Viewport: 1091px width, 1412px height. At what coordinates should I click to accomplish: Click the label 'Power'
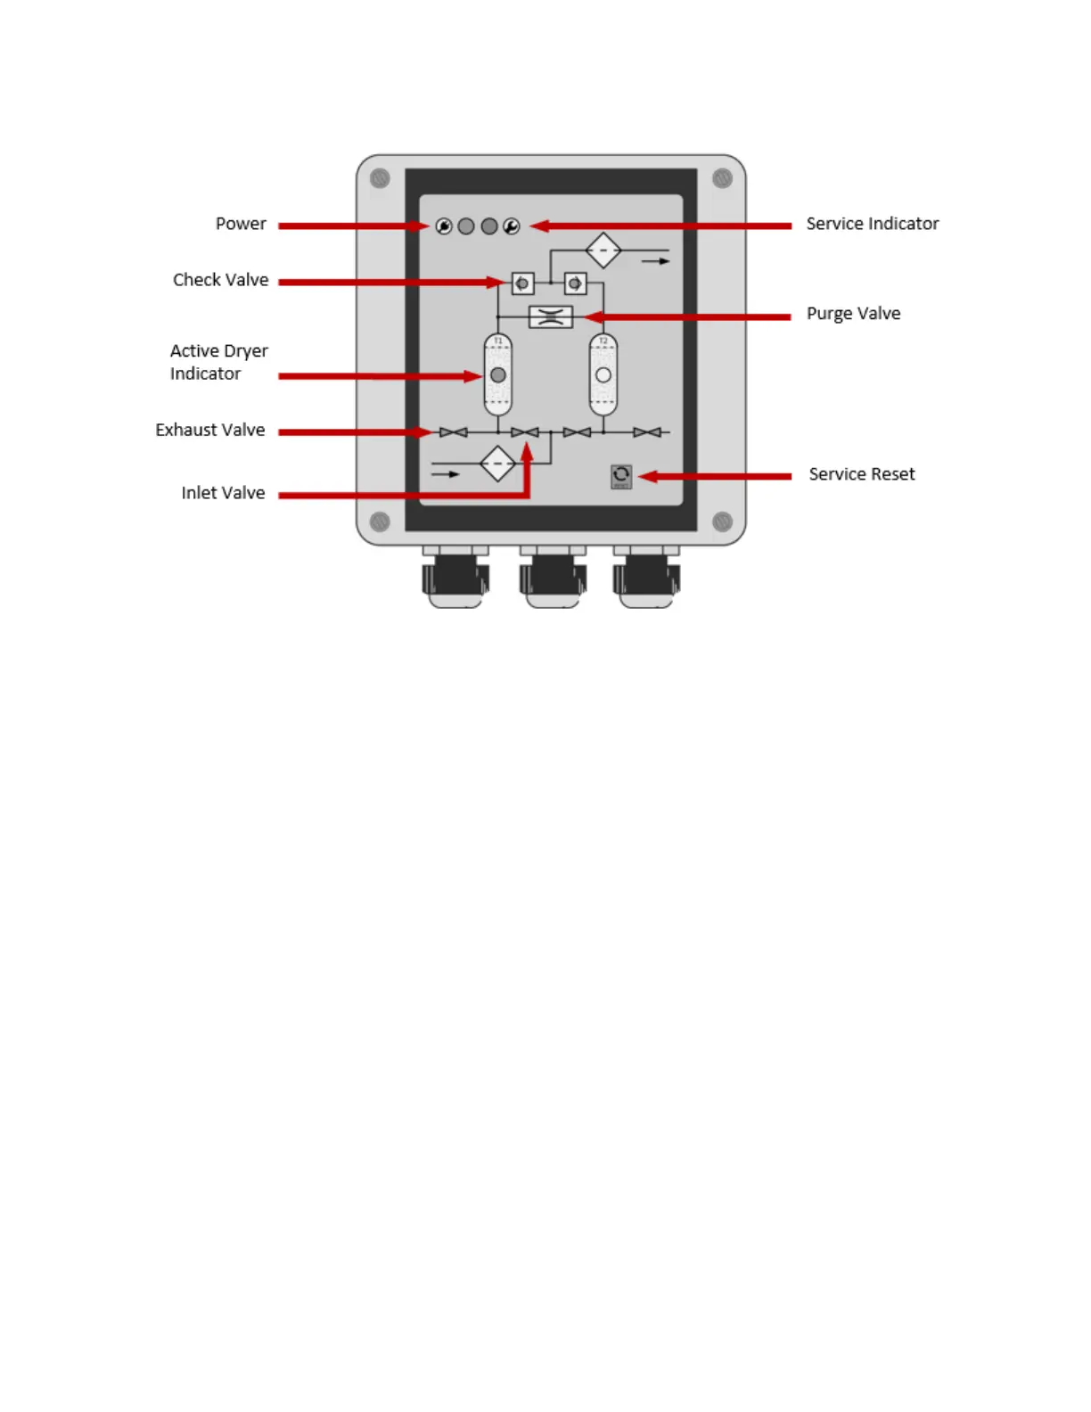[241, 224]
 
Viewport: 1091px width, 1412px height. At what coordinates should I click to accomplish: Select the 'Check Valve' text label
[220, 280]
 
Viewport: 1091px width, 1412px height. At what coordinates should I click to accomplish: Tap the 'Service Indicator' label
[872, 224]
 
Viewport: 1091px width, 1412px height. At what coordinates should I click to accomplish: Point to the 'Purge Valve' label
[853, 314]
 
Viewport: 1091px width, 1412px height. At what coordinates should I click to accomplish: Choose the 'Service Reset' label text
[861, 474]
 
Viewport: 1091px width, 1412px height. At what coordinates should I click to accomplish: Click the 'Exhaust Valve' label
[209, 430]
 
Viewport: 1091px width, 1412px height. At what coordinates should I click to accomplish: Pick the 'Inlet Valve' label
[223, 493]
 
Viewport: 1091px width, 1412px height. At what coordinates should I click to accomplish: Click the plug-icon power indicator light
[444, 226]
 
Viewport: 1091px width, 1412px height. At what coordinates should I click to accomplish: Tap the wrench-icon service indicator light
[512, 226]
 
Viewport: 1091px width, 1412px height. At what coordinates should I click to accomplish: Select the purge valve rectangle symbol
[551, 316]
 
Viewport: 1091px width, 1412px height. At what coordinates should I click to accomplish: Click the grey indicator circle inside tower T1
[498, 375]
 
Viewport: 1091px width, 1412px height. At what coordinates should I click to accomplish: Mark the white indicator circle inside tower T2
[603, 375]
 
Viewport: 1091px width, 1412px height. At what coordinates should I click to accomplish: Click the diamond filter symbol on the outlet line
[603, 250]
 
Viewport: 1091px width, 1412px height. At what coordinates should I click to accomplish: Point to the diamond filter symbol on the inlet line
[497, 464]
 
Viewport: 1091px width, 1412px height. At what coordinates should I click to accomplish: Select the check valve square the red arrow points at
[522, 283]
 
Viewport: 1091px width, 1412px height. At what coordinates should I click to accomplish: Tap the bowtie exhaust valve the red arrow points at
[453, 432]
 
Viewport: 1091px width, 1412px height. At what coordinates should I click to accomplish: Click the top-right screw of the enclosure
[722, 178]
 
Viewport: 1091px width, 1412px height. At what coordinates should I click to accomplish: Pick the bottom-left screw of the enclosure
[380, 521]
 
